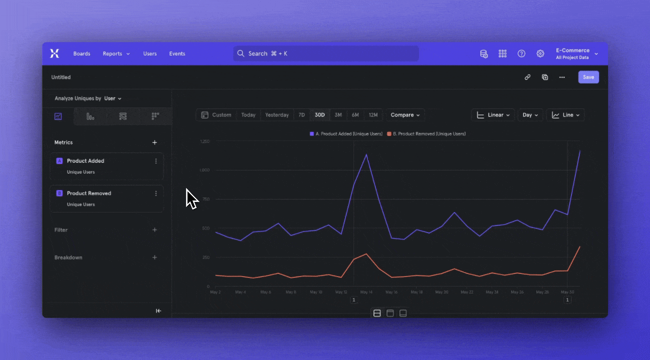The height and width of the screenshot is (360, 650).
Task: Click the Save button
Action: pos(588,77)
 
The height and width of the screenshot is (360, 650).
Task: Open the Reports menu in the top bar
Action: pos(116,53)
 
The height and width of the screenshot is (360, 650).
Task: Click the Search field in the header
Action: pos(325,53)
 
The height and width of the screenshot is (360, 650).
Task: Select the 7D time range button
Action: pos(301,115)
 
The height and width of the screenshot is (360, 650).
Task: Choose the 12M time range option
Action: pos(373,115)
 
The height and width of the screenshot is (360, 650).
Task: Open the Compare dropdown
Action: pos(405,115)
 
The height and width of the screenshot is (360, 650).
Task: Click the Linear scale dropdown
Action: pos(492,115)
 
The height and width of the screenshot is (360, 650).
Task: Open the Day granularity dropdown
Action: pos(530,115)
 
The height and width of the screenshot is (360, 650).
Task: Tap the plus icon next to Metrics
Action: pos(154,142)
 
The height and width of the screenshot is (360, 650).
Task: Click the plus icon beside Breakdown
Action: pos(154,257)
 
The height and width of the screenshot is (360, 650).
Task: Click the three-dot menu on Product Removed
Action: pos(156,193)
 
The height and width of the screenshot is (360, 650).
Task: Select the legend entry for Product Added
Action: pos(346,134)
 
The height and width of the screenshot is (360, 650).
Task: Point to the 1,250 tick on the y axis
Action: pos(204,142)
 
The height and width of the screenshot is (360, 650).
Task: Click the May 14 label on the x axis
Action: pos(366,292)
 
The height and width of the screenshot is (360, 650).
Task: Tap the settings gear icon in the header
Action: pos(540,53)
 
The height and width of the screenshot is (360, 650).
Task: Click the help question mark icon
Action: pos(521,53)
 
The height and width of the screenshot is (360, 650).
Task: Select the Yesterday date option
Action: pos(276,115)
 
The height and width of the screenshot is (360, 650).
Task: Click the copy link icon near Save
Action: pos(527,77)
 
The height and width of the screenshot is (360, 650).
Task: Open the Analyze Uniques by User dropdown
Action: pos(113,98)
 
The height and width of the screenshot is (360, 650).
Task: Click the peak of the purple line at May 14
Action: pos(366,154)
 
